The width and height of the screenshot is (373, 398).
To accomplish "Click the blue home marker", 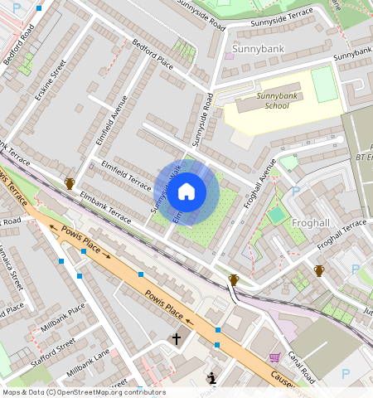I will [x=187, y=192].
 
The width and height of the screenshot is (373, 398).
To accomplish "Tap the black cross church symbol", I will [x=175, y=338].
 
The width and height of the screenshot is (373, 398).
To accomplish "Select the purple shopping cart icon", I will [x=274, y=357].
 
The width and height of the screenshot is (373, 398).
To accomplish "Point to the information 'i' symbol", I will [x=212, y=379].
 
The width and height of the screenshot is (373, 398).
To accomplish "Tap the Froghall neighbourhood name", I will [x=312, y=221].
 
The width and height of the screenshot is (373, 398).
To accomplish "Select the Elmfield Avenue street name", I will [x=111, y=122].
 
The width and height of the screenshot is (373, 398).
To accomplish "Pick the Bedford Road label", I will [x=18, y=45].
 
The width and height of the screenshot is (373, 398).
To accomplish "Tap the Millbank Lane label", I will [x=88, y=361].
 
